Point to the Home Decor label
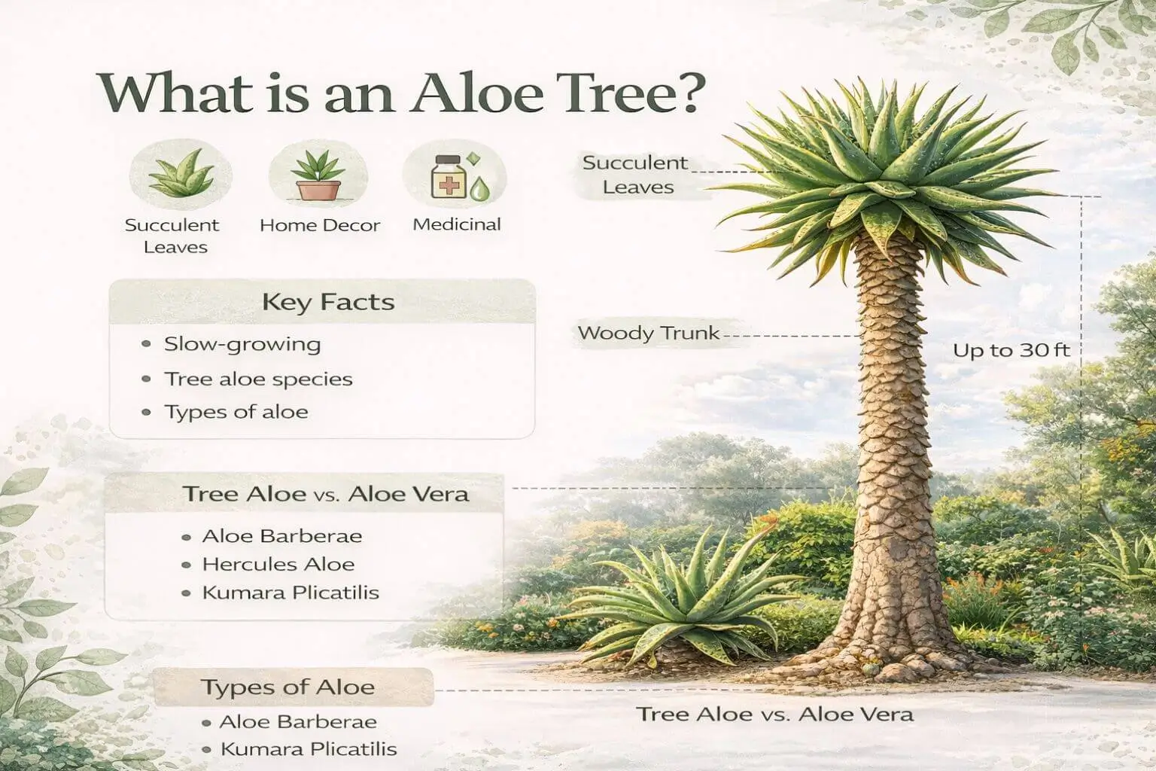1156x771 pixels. pyautogui.click(x=320, y=225)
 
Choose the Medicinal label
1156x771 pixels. pyautogui.click(x=457, y=224)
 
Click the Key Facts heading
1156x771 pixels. pyautogui.click(x=328, y=303)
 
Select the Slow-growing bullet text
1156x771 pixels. pyautogui.click(x=242, y=345)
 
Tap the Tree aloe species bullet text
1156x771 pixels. pyautogui.click(x=258, y=379)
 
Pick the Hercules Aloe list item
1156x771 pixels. pyautogui.click(x=278, y=564)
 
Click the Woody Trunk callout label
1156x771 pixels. pyautogui.click(x=648, y=333)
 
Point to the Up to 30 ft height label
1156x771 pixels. pyautogui.click(x=1011, y=350)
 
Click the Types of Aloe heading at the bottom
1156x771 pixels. pyautogui.click(x=287, y=687)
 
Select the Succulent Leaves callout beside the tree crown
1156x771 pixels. pyautogui.click(x=636, y=175)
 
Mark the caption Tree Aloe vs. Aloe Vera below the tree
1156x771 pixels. pyautogui.click(x=774, y=714)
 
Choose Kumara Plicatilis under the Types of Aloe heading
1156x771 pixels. pyautogui.click(x=308, y=749)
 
